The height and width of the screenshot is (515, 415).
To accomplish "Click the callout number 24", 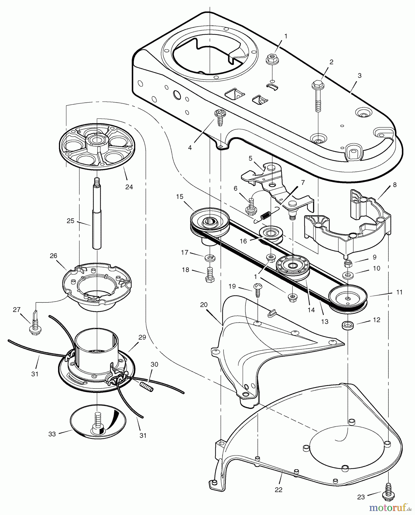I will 129,187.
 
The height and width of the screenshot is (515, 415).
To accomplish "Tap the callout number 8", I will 395,185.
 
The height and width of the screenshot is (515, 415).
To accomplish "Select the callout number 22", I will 278,490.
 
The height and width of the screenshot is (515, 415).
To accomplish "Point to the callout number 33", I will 52,434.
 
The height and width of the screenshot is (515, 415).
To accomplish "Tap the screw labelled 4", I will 220,118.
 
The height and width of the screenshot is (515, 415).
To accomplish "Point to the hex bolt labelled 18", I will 210,275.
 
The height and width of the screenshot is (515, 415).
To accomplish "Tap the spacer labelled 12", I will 347,325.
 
